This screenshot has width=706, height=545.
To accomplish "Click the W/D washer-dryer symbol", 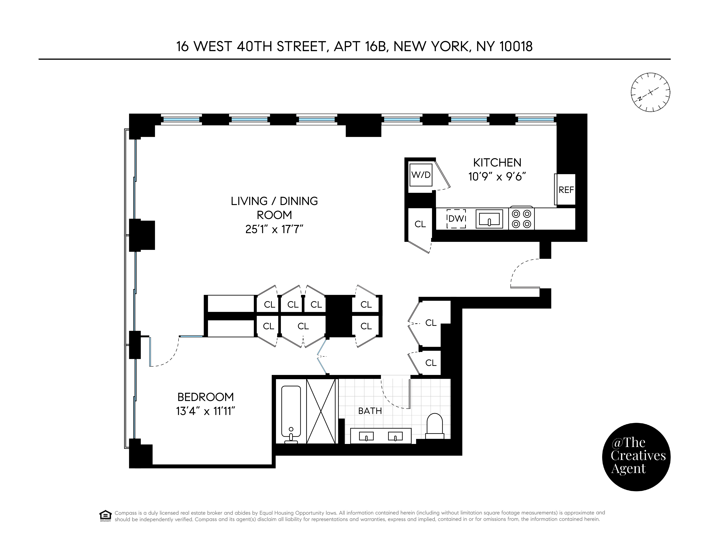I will pos(421,175).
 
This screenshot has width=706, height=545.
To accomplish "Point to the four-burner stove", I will pos(521,218).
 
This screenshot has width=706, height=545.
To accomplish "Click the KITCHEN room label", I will pos(497,163).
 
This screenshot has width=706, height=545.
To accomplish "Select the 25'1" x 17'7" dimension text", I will pos(274,229).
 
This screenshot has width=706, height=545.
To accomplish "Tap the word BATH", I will pos(370,411).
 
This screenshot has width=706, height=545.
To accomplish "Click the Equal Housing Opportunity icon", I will pos(105,516).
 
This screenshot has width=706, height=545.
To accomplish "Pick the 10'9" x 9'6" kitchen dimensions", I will pos(497,177).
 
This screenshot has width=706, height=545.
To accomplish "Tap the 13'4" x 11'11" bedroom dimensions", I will pos(206,411).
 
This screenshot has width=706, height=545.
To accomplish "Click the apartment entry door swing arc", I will pos(519,268).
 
